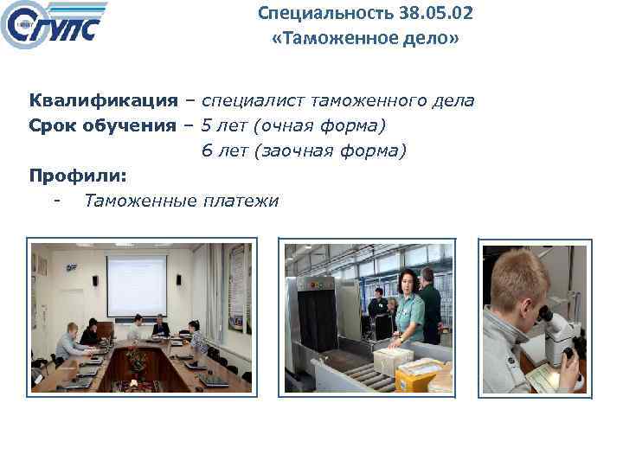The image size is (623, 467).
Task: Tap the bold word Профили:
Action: pyautogui.click(x=78, y=176)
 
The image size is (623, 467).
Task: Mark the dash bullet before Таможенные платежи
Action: pyautogui.click(x=56, y=202)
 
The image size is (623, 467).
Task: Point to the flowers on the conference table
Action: pyautogui.click(x=135, y=356)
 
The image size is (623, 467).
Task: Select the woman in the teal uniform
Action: pyautogui.click(x=407, y=307)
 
